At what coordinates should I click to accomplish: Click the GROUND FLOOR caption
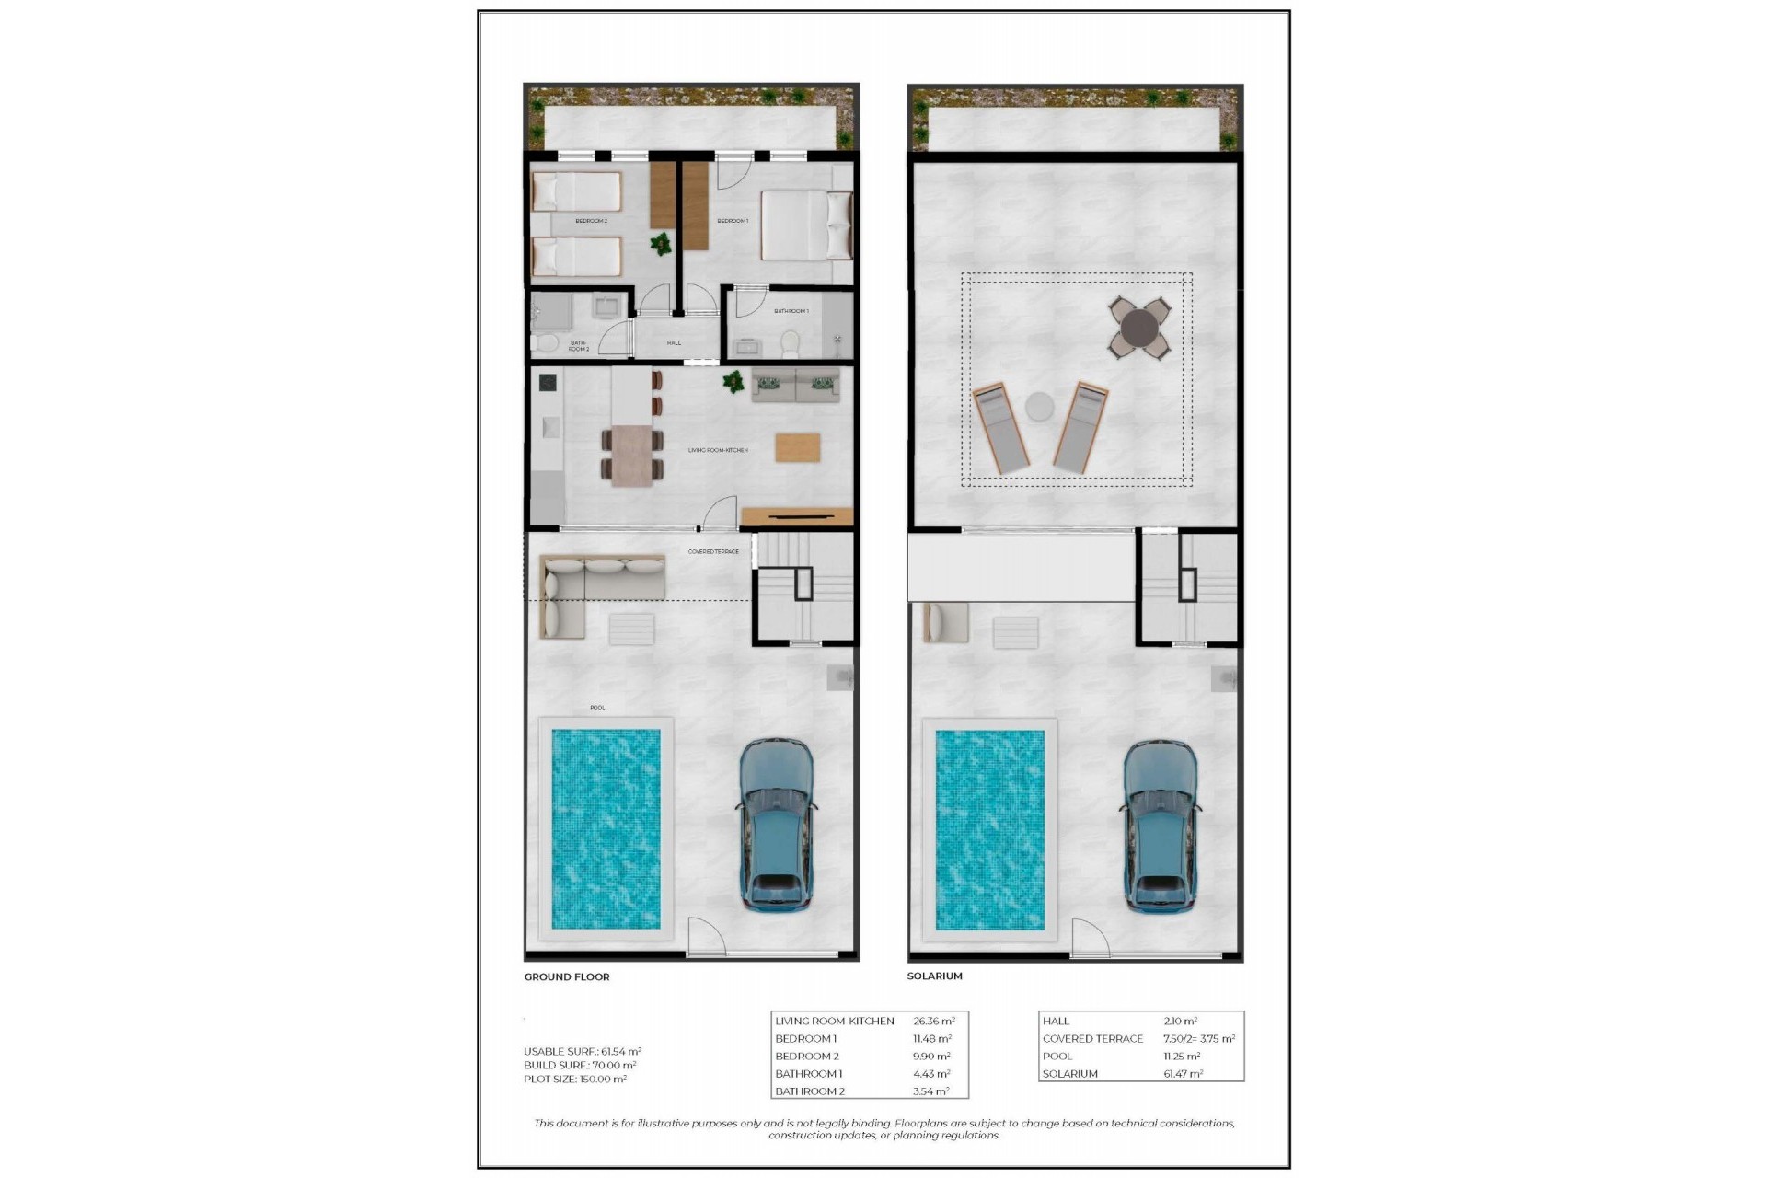tap(567, 976)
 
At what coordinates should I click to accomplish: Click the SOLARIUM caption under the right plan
tap(934, 976)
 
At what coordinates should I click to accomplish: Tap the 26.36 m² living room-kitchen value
tap(933, 1021)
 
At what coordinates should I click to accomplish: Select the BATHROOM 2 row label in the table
tap(810, 1091)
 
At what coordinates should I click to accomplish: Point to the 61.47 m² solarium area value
tap(1183, 1074)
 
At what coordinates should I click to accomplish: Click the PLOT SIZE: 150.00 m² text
tap(575, 1079)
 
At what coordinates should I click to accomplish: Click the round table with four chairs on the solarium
tap(1139, 327)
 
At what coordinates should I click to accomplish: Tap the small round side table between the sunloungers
tap(1039, 406)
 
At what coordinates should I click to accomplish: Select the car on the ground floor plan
tap(777, 825)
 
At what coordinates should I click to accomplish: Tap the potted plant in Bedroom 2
tap(661, 245)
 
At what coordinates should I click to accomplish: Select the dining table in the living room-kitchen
tap(632, 454)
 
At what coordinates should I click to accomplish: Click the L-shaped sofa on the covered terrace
tap(589, 589)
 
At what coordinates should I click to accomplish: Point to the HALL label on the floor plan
tap(674, 343)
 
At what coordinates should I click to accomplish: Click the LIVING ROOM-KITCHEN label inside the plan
tap(718, 450)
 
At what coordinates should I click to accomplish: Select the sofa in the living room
tap(796, 386)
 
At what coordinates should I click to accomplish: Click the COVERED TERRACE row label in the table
tap(1092, 1038)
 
